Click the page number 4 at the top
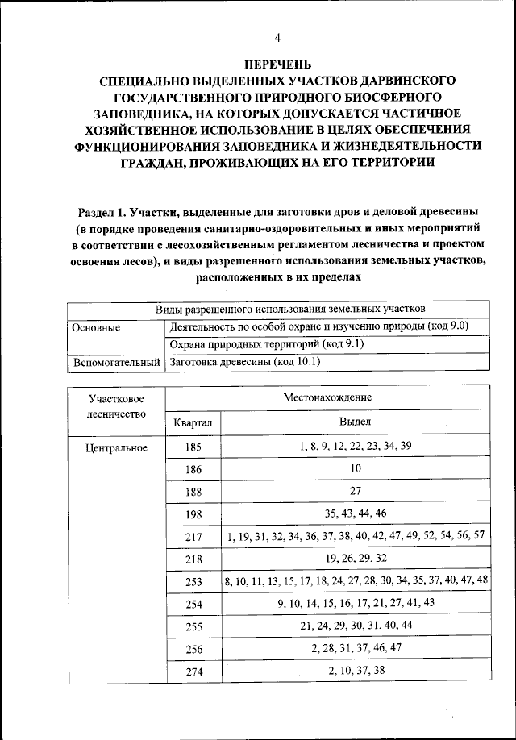(277, 38)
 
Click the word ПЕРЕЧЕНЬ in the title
(277, 64)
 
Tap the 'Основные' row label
(96, 327)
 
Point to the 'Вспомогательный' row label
(116, 363)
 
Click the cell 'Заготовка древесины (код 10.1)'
(245, 363)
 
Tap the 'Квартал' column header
(193, 422)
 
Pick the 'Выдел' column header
(355, 422)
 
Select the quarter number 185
(193, 447)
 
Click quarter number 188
(193, 491)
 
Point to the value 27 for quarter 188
(355, 491)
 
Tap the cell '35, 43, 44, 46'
(355, 513)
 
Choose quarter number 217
(193, 535)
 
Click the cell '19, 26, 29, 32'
(355, 557)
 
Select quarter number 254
(193, 602)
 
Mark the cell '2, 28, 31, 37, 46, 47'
(355, 647)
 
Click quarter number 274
(193, 671)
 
